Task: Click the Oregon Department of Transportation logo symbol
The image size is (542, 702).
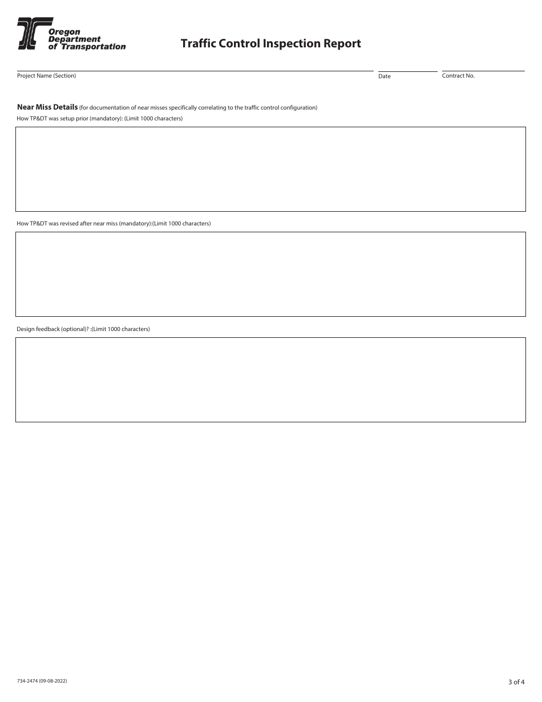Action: (x=27, y=32)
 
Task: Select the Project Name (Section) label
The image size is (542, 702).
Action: (x=46, y=75)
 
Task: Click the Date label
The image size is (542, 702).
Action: (x=385, y=76)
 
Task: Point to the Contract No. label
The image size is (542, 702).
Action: (x=458, y=75)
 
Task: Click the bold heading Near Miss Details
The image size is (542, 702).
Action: (x=47, y=107)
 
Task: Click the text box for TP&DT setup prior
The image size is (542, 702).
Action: (x=270, y=169)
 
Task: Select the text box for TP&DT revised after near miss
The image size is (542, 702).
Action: (x=270, y=274)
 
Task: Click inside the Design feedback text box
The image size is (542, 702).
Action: (x=270, y=380)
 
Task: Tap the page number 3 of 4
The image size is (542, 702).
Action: (x=516, y=681)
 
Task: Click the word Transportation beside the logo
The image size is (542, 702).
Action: (x=93, y=47)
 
